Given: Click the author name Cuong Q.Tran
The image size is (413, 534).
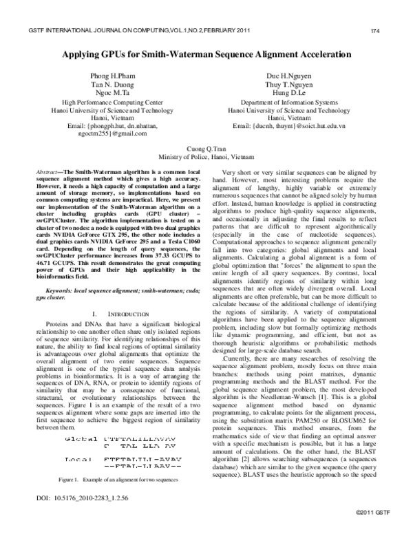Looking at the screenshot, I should click(x=206, y=148).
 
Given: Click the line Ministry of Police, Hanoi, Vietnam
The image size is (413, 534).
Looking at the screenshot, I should click(x=206, y=157).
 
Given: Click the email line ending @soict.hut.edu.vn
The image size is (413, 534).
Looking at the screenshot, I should click(x=289, y=126).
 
